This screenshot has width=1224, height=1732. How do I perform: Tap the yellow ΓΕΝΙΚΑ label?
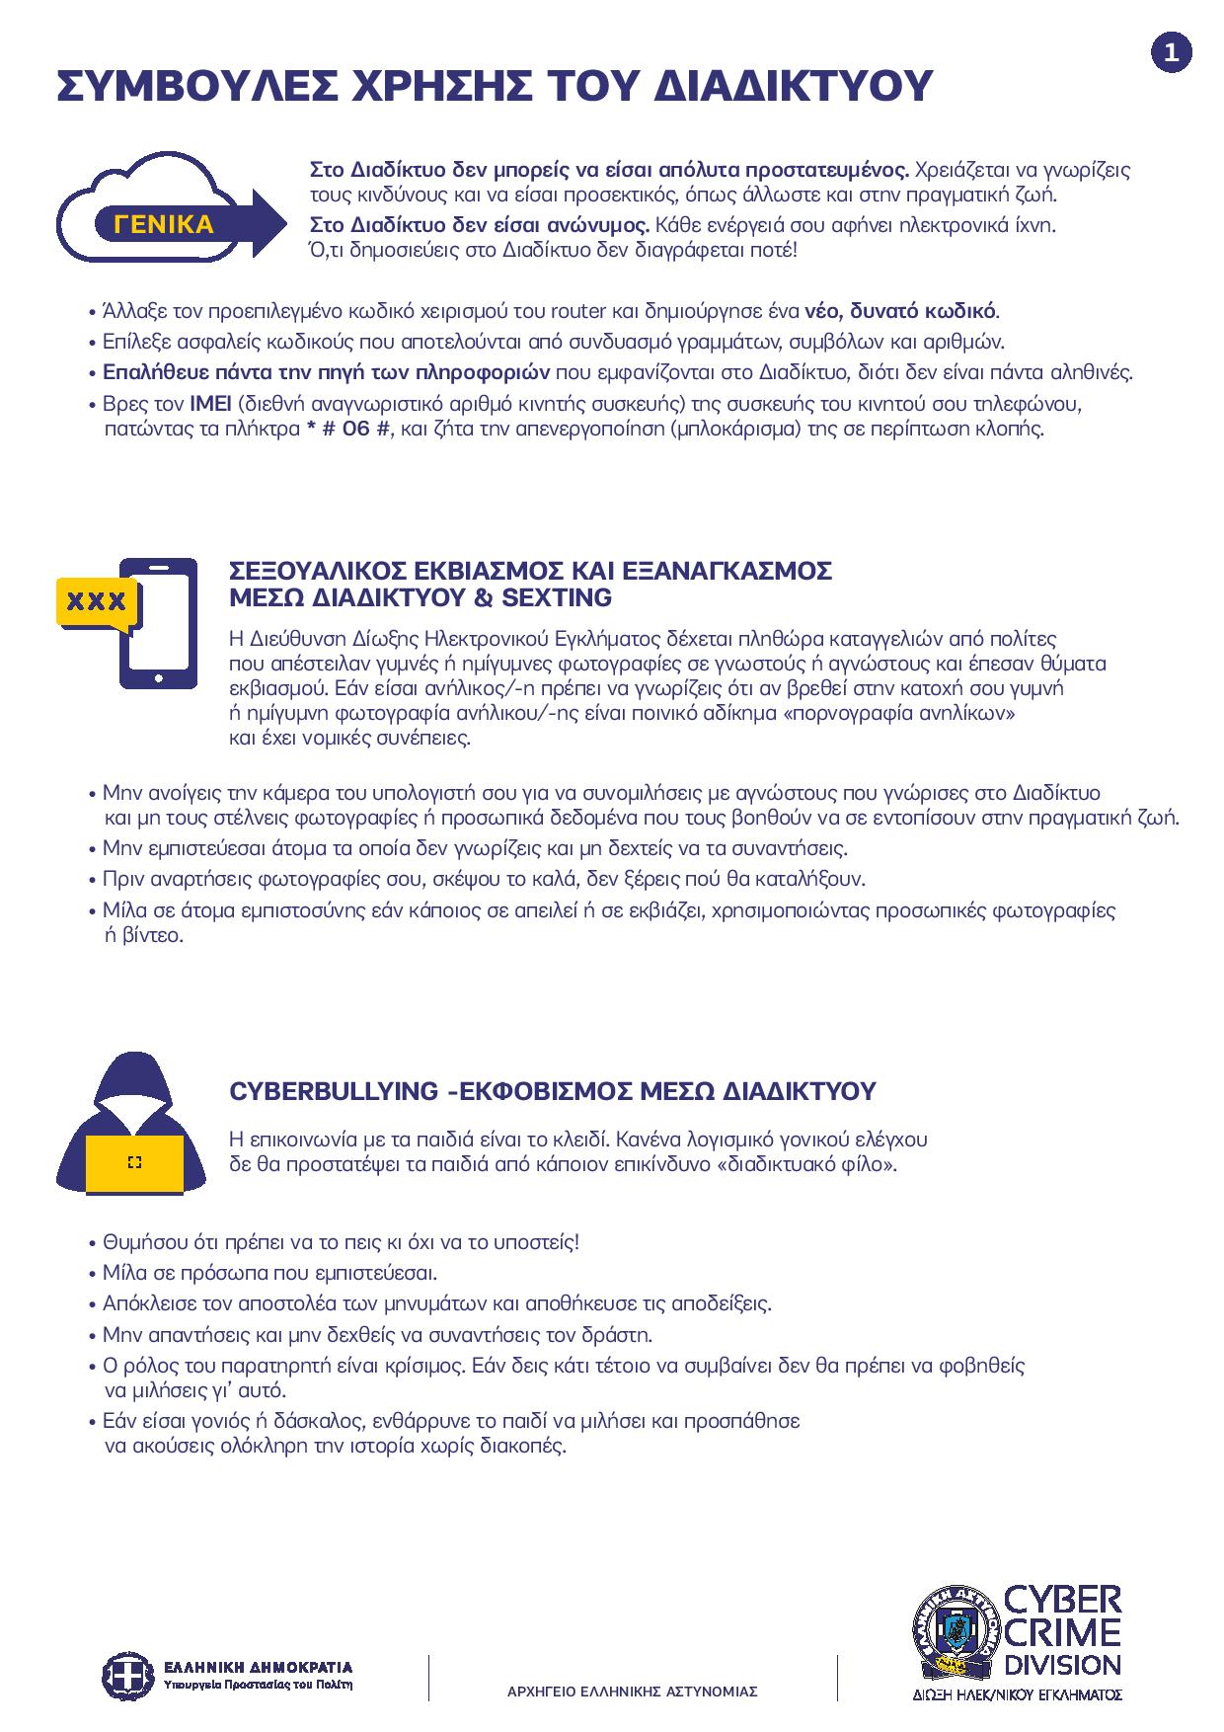pos(164,224)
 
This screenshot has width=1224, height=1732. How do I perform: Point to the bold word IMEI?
pos(209,404)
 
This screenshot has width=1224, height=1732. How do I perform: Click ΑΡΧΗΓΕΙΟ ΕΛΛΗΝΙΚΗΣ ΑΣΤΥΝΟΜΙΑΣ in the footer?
pos(632,1691)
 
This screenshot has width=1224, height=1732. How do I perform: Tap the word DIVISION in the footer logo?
pos(1061,1666)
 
